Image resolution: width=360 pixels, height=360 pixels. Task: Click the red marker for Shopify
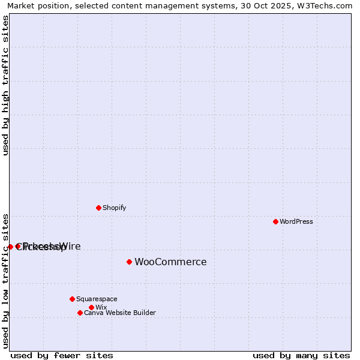[98, 208]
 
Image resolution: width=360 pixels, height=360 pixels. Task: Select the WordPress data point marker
[275, 221]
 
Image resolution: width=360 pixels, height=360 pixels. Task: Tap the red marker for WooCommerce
[129, 262]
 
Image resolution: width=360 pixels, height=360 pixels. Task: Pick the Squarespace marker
[72, 299]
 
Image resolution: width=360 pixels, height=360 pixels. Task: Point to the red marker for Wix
[91, 307]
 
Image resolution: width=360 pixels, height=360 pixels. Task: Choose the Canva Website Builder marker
[80, 313]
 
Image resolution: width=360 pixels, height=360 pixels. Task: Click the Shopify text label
[114, 208]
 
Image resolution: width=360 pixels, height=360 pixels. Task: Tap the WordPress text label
[296, 221]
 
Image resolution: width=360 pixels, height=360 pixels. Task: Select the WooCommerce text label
[170, 262]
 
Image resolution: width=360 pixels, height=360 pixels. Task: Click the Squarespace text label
[97, 299]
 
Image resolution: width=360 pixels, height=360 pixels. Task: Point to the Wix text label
[101, 307]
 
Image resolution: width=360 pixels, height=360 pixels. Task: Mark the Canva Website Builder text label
[119, 313]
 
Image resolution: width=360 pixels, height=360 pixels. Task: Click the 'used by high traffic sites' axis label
[6, 85]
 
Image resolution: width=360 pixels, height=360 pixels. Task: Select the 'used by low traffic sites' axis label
[6, 280]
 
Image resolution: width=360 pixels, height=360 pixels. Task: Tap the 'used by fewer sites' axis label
[61, 355]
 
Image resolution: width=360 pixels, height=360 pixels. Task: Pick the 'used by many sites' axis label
[301, 355]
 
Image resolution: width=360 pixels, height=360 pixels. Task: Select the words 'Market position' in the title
[34, 5]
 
